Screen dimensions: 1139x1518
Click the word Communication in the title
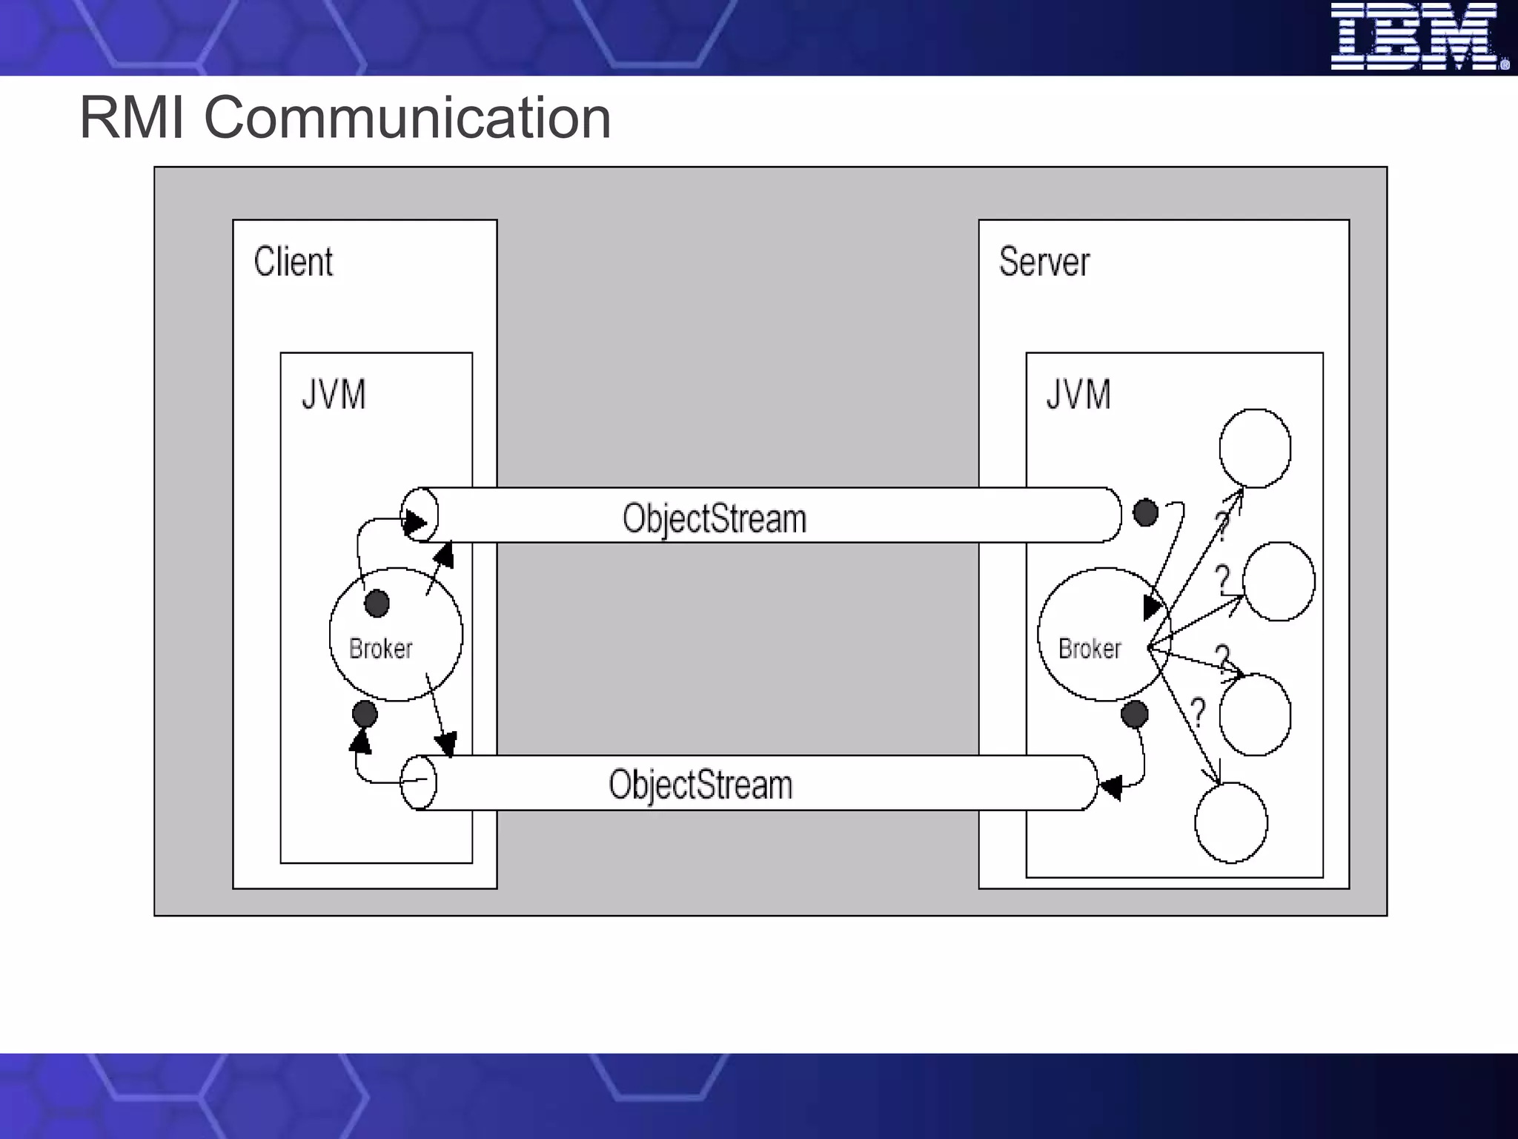407,118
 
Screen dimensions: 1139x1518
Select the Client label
294,262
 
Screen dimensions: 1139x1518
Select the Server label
1044,262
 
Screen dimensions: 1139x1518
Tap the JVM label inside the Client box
334,394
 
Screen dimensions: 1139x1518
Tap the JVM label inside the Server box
1078,394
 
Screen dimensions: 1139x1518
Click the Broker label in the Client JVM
380,649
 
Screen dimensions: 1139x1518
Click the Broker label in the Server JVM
1090,649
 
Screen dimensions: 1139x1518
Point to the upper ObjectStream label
714,518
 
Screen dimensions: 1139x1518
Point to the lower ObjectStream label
700,785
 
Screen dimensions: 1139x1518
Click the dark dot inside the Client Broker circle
377,603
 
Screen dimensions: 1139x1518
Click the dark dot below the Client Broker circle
365,714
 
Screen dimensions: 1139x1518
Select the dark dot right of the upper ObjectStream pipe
1146,512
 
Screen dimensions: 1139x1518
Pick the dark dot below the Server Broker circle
1135,714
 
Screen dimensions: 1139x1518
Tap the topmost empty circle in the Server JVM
1255,448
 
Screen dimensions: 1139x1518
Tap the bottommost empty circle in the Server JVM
1231,823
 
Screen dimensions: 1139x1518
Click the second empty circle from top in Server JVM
1279,581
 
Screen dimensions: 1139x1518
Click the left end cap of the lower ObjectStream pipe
419,782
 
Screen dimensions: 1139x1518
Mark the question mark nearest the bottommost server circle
1198,712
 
